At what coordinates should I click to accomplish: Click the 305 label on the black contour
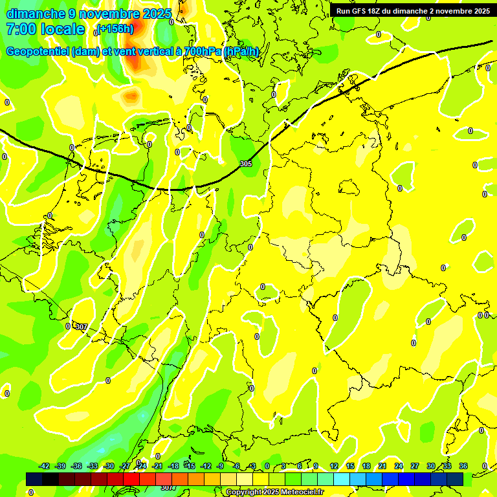[x=246, y=164]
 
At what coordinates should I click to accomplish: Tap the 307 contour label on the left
[x=81, y=326]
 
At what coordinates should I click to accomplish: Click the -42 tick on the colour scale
[x=44, y=466]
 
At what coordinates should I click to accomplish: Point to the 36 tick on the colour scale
[x=463, y=466]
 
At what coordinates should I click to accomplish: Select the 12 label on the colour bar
[x=334, y=466]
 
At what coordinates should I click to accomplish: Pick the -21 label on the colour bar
[x=157, y=466]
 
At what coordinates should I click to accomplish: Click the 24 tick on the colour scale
[x=399, y=466]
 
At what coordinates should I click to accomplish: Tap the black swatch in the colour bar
[x=50, y=479]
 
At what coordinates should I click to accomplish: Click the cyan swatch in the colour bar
[x=342, y=479]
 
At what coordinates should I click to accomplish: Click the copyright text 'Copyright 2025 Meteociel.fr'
[x=274, y=492]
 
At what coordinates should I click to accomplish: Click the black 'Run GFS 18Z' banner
[x=413, y=10]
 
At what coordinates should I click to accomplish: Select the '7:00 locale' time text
[x=45, y=29]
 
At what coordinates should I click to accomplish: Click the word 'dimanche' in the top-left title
[x=32, y=14]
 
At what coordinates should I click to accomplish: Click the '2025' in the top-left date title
[x=156, y=14]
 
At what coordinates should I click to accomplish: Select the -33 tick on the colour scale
[x=93, y=466]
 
